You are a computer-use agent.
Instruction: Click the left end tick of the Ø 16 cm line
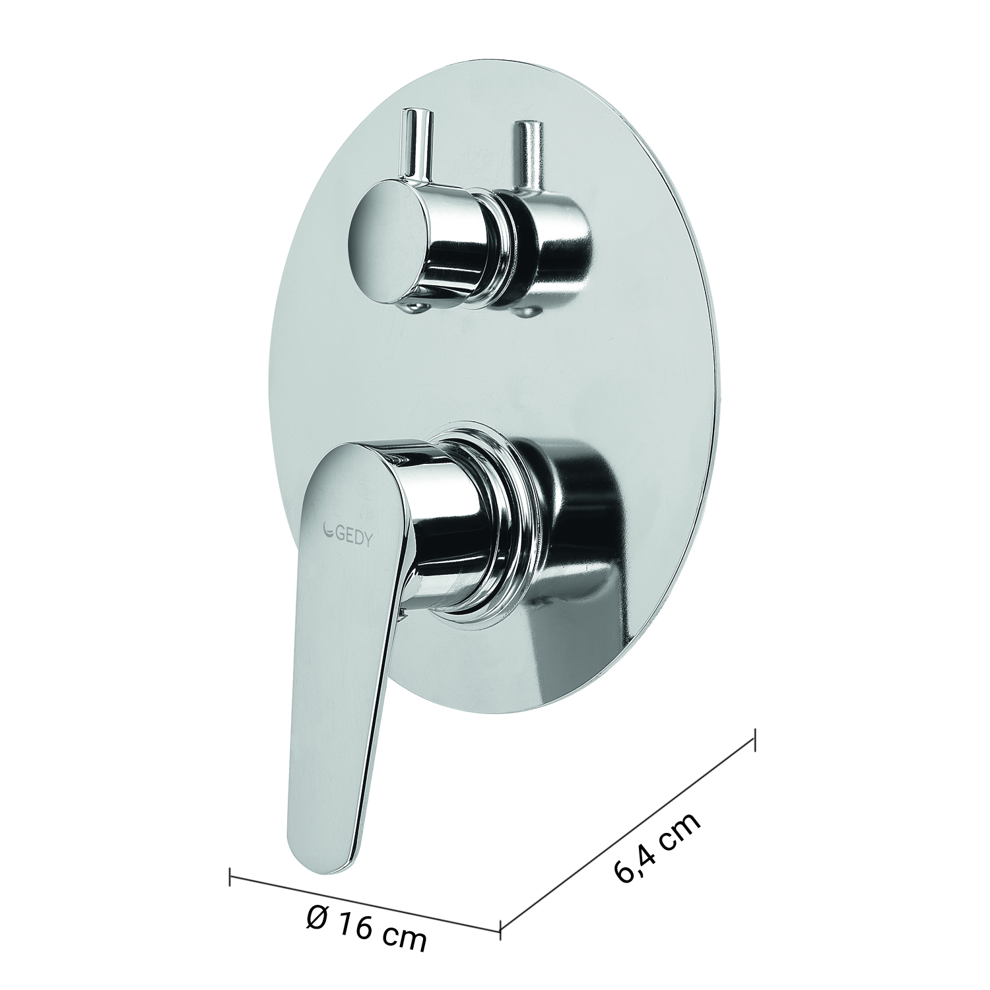tap(230, 875)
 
